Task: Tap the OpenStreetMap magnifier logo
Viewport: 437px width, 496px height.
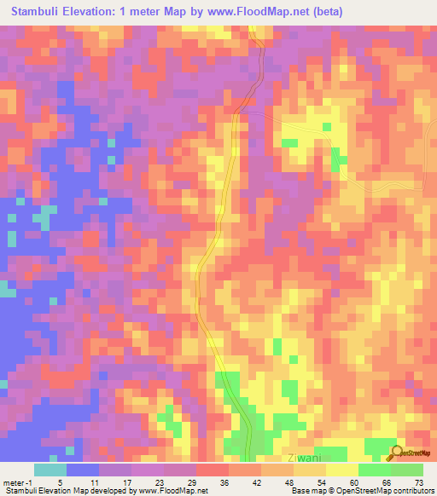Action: pyautogui.click(x=396, y=453)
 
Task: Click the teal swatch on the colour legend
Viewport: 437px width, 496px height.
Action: pyautogui.click(x=50, y=470)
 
